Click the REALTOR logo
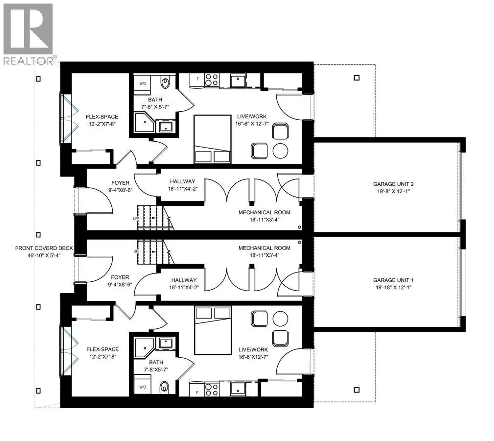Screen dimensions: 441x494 [x=28, y=33]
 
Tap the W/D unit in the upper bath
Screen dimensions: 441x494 [x=142, y=84]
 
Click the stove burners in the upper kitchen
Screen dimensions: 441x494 [x=212, y=80]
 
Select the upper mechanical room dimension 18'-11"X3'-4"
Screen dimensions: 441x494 [x=264, y=220]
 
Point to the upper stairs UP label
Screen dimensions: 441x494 [x=135, y=219]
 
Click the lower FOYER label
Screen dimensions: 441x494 [x=120, y=277]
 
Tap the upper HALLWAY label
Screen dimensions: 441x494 [x=182, y=181]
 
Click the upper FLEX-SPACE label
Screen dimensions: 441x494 [x=102, y=117]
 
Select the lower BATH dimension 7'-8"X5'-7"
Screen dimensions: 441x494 [x=156, y=370]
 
